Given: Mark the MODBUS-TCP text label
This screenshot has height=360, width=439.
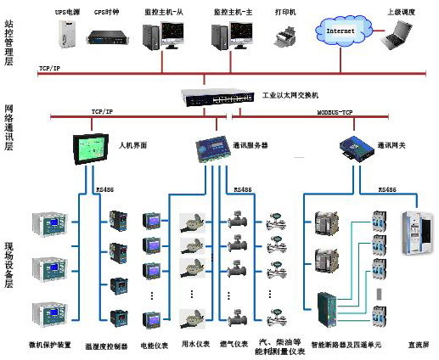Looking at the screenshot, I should coord(336,112).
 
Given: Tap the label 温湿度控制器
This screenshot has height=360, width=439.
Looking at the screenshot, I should coord(108,346).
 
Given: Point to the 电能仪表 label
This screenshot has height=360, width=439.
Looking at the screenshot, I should coord(155,345).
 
